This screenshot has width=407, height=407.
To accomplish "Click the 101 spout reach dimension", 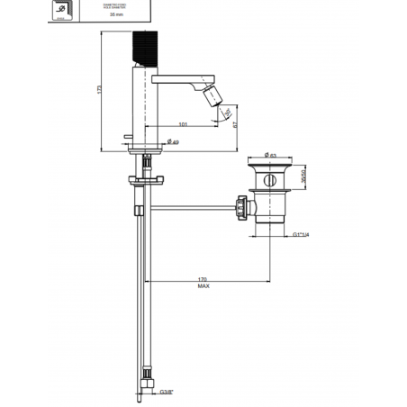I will pos(183,124).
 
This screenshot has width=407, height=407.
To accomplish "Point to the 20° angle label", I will pos(226,113).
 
